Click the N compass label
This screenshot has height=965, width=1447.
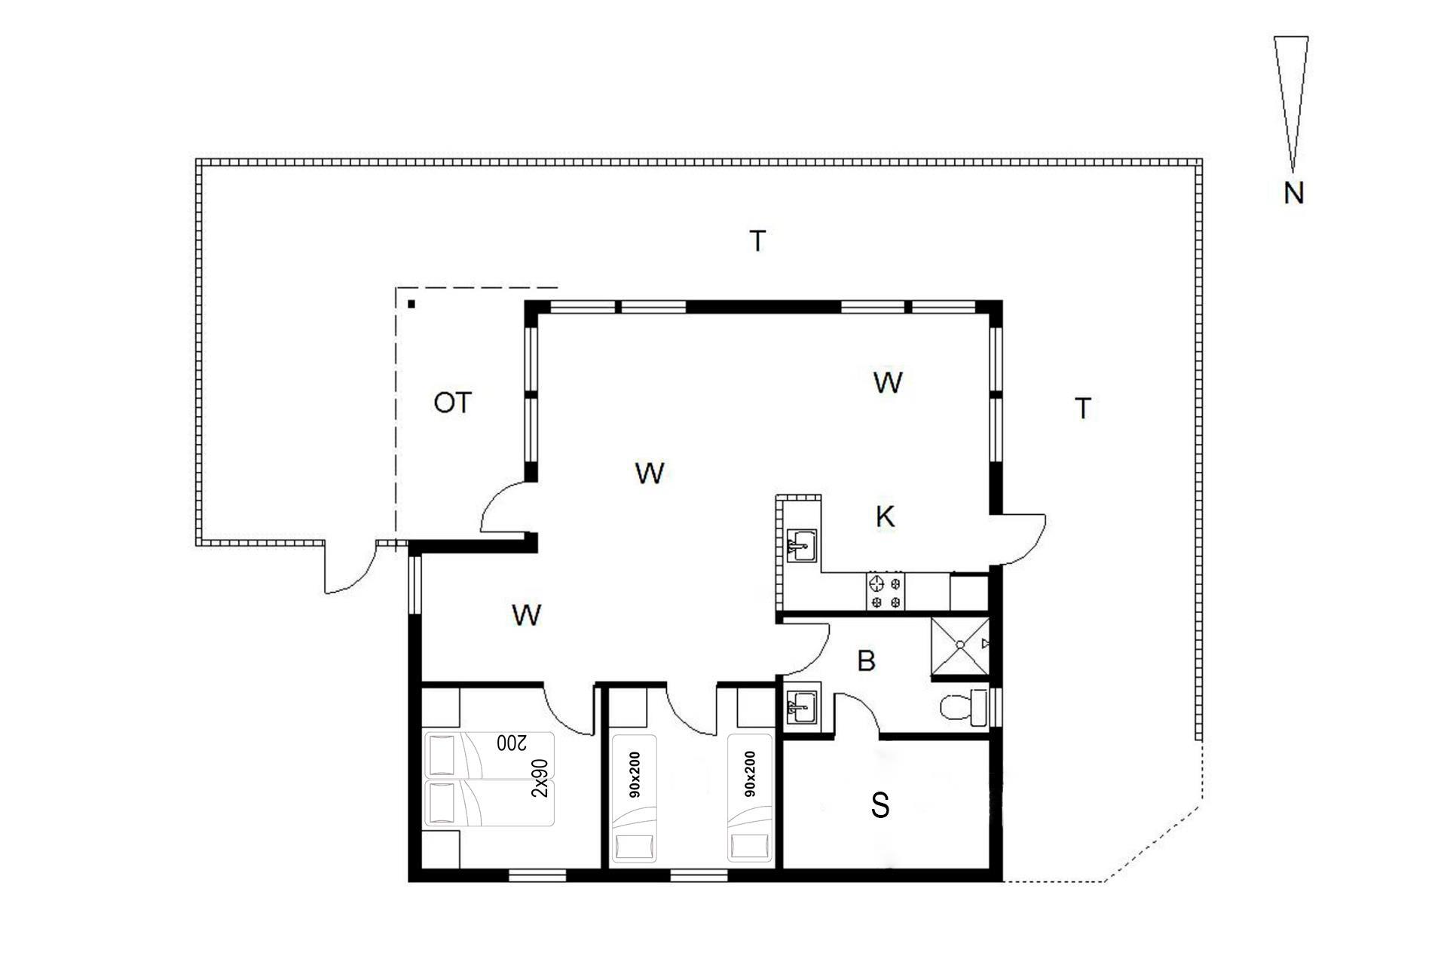coord(1293,194)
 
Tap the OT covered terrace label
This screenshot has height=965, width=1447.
coord(452,403)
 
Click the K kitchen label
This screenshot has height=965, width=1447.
coord(886,517)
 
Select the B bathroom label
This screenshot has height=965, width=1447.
coord(867,661)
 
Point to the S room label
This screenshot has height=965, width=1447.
coord(880,805)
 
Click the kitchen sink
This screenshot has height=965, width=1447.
coord(802,544)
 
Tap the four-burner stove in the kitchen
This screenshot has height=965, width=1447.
coord(886,592)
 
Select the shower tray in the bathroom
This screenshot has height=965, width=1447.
coord(960,645)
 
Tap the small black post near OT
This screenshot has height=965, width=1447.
coord(411,305)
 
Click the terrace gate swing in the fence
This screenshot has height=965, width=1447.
coord(350,567)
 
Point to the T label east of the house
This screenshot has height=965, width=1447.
coord(1083,409)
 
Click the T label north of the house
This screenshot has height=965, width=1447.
coord(757,241)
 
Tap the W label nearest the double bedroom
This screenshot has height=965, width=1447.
coord(526,615)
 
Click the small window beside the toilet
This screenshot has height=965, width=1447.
coord(996,707)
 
